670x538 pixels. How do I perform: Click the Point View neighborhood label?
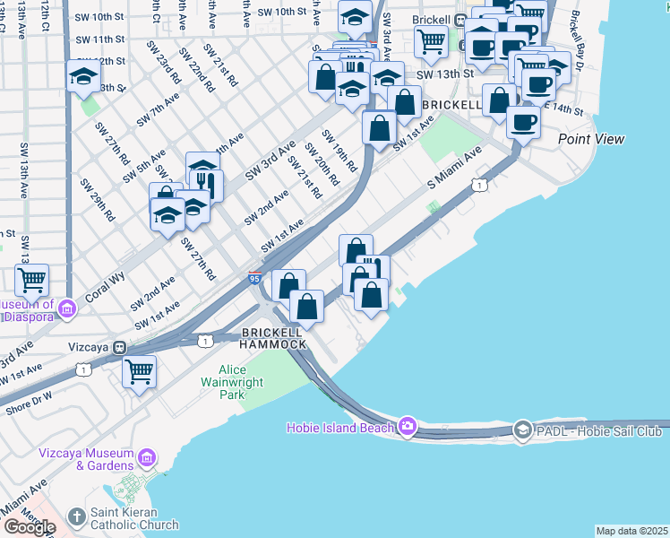point(591,139)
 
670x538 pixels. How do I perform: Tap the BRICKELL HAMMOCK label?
point(274,338)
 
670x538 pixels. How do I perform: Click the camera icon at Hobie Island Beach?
point(408,427)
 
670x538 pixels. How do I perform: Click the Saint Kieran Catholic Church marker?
point(77,518)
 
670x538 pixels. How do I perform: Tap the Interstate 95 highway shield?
point(255,280)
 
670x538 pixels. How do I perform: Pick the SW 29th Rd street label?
point(98,199)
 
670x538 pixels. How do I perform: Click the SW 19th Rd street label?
point(339,152)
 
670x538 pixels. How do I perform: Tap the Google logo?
point(29,526)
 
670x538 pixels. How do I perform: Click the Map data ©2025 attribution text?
point(631,531)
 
